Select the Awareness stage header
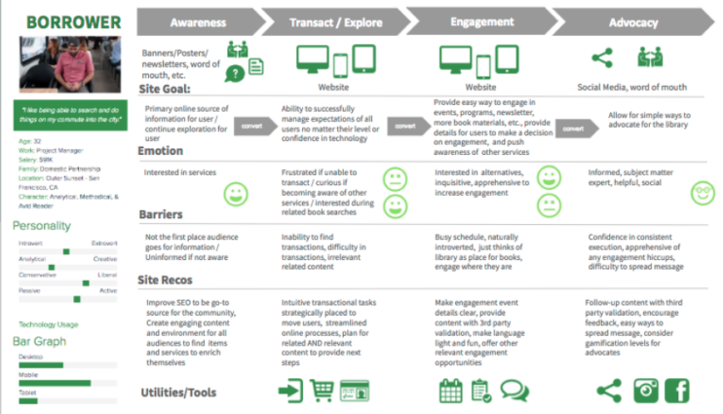click(x=198, y=21)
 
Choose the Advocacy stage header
click(x=632, y=21)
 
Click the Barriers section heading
click(x=162, y=212)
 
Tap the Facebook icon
click(x=676, y=391)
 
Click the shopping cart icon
click(x=323, y=391)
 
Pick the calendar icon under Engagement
click(x=449, y=391)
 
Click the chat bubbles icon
click(x=514, y=391)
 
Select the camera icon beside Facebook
click(x=644, y=391)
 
